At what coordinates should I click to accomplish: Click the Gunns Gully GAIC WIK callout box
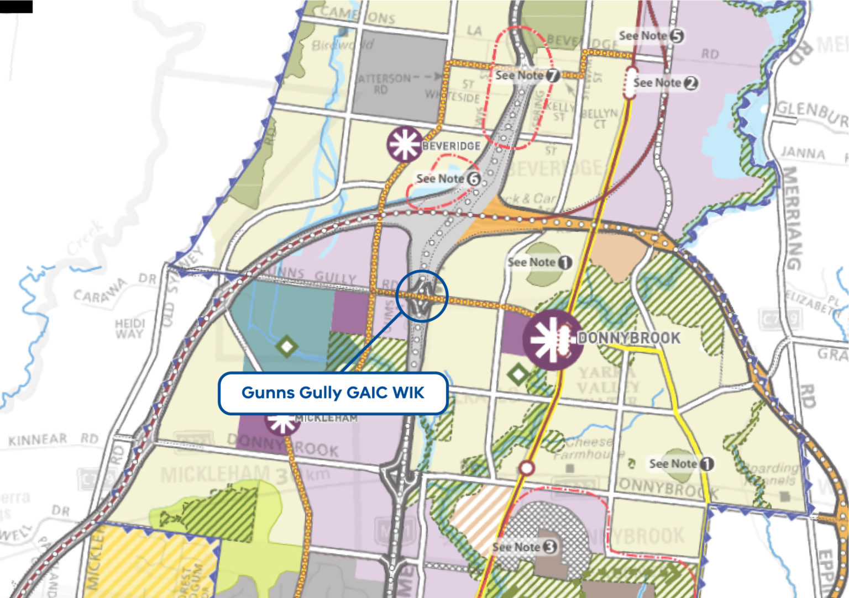tap(333, 393)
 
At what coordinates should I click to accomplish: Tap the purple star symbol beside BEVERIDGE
tap(405, 144)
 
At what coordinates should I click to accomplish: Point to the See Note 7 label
tap(527, 76)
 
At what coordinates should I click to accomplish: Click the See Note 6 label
tap(448, 179)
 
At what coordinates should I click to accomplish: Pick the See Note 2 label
tap(665, 83)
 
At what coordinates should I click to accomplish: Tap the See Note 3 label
tap(524, 547)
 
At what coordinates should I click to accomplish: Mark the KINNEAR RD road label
tap(53, 440)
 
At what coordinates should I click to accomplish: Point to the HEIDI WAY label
tap(129, 328)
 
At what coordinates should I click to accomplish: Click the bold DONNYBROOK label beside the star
tap(628, 337)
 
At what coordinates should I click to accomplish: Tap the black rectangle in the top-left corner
tap(16, 6)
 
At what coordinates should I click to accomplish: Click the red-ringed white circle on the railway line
tap(527, 468)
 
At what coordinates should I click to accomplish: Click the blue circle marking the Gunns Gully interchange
tap(422, 295)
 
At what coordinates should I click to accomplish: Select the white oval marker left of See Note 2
tap(630, 83)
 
